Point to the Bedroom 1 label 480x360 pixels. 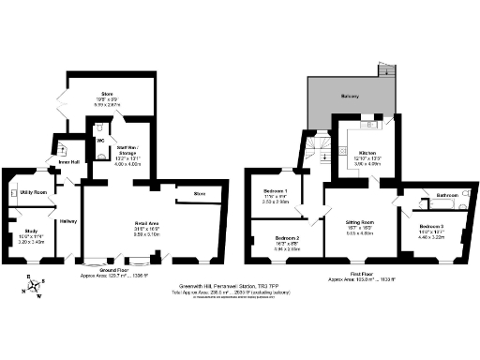(275, 190)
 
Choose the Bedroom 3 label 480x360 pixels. (432, 227)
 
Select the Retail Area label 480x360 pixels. (149, 222)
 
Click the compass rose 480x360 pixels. (35, 286)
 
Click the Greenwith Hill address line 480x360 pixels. (240, 285)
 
